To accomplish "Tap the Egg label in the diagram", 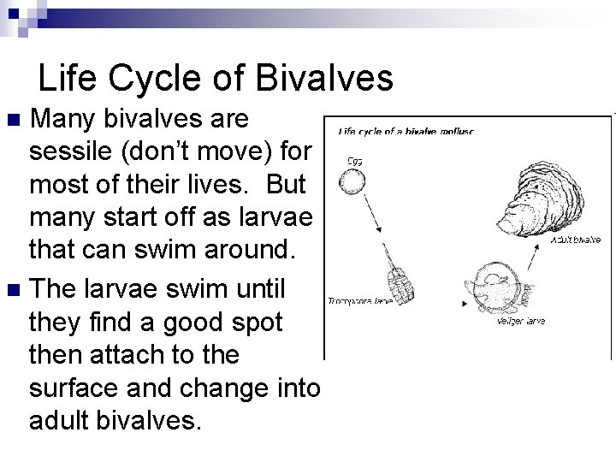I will (x=352, y=159).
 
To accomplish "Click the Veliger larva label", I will (x=520, y=323).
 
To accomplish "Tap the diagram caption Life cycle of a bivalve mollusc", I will (x=406, y=131).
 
